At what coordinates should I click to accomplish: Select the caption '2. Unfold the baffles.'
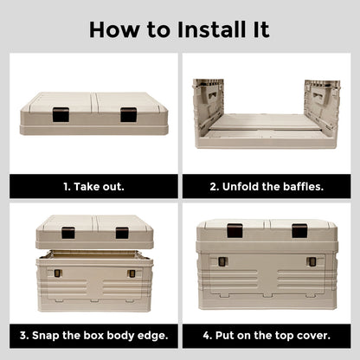coord(266,186)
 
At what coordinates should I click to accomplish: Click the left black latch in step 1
coord(61,114)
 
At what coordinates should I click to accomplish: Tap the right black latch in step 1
coord(128,114)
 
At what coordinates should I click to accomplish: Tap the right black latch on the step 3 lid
coord(122,232)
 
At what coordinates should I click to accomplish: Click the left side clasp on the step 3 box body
coord(57,273)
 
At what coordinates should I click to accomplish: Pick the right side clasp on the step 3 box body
coord(132,273)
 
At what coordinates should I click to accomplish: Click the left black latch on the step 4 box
coord(235,230)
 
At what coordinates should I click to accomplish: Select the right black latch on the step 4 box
coord(299,230)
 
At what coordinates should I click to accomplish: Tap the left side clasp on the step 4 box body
coord(222,261)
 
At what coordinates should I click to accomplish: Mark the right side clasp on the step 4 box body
coord(311,261)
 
